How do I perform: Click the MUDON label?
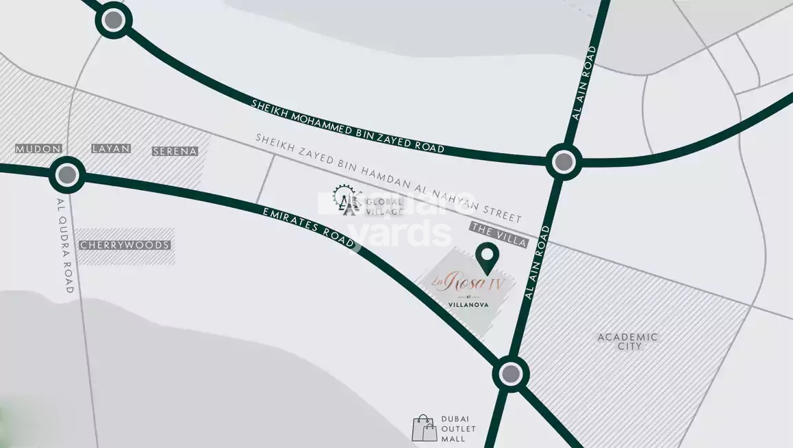38,148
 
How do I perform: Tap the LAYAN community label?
110,148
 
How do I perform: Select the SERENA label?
175,151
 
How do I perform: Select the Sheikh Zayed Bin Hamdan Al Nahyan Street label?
388,178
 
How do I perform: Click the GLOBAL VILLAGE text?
384,207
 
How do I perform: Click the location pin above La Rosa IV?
487,257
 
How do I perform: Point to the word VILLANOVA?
468,304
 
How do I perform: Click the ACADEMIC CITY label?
628,341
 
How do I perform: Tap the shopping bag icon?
425,428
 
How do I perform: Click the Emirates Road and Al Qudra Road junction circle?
67,175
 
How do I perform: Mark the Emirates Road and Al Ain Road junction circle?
510,374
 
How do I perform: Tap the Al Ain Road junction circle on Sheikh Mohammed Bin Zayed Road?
564,162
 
